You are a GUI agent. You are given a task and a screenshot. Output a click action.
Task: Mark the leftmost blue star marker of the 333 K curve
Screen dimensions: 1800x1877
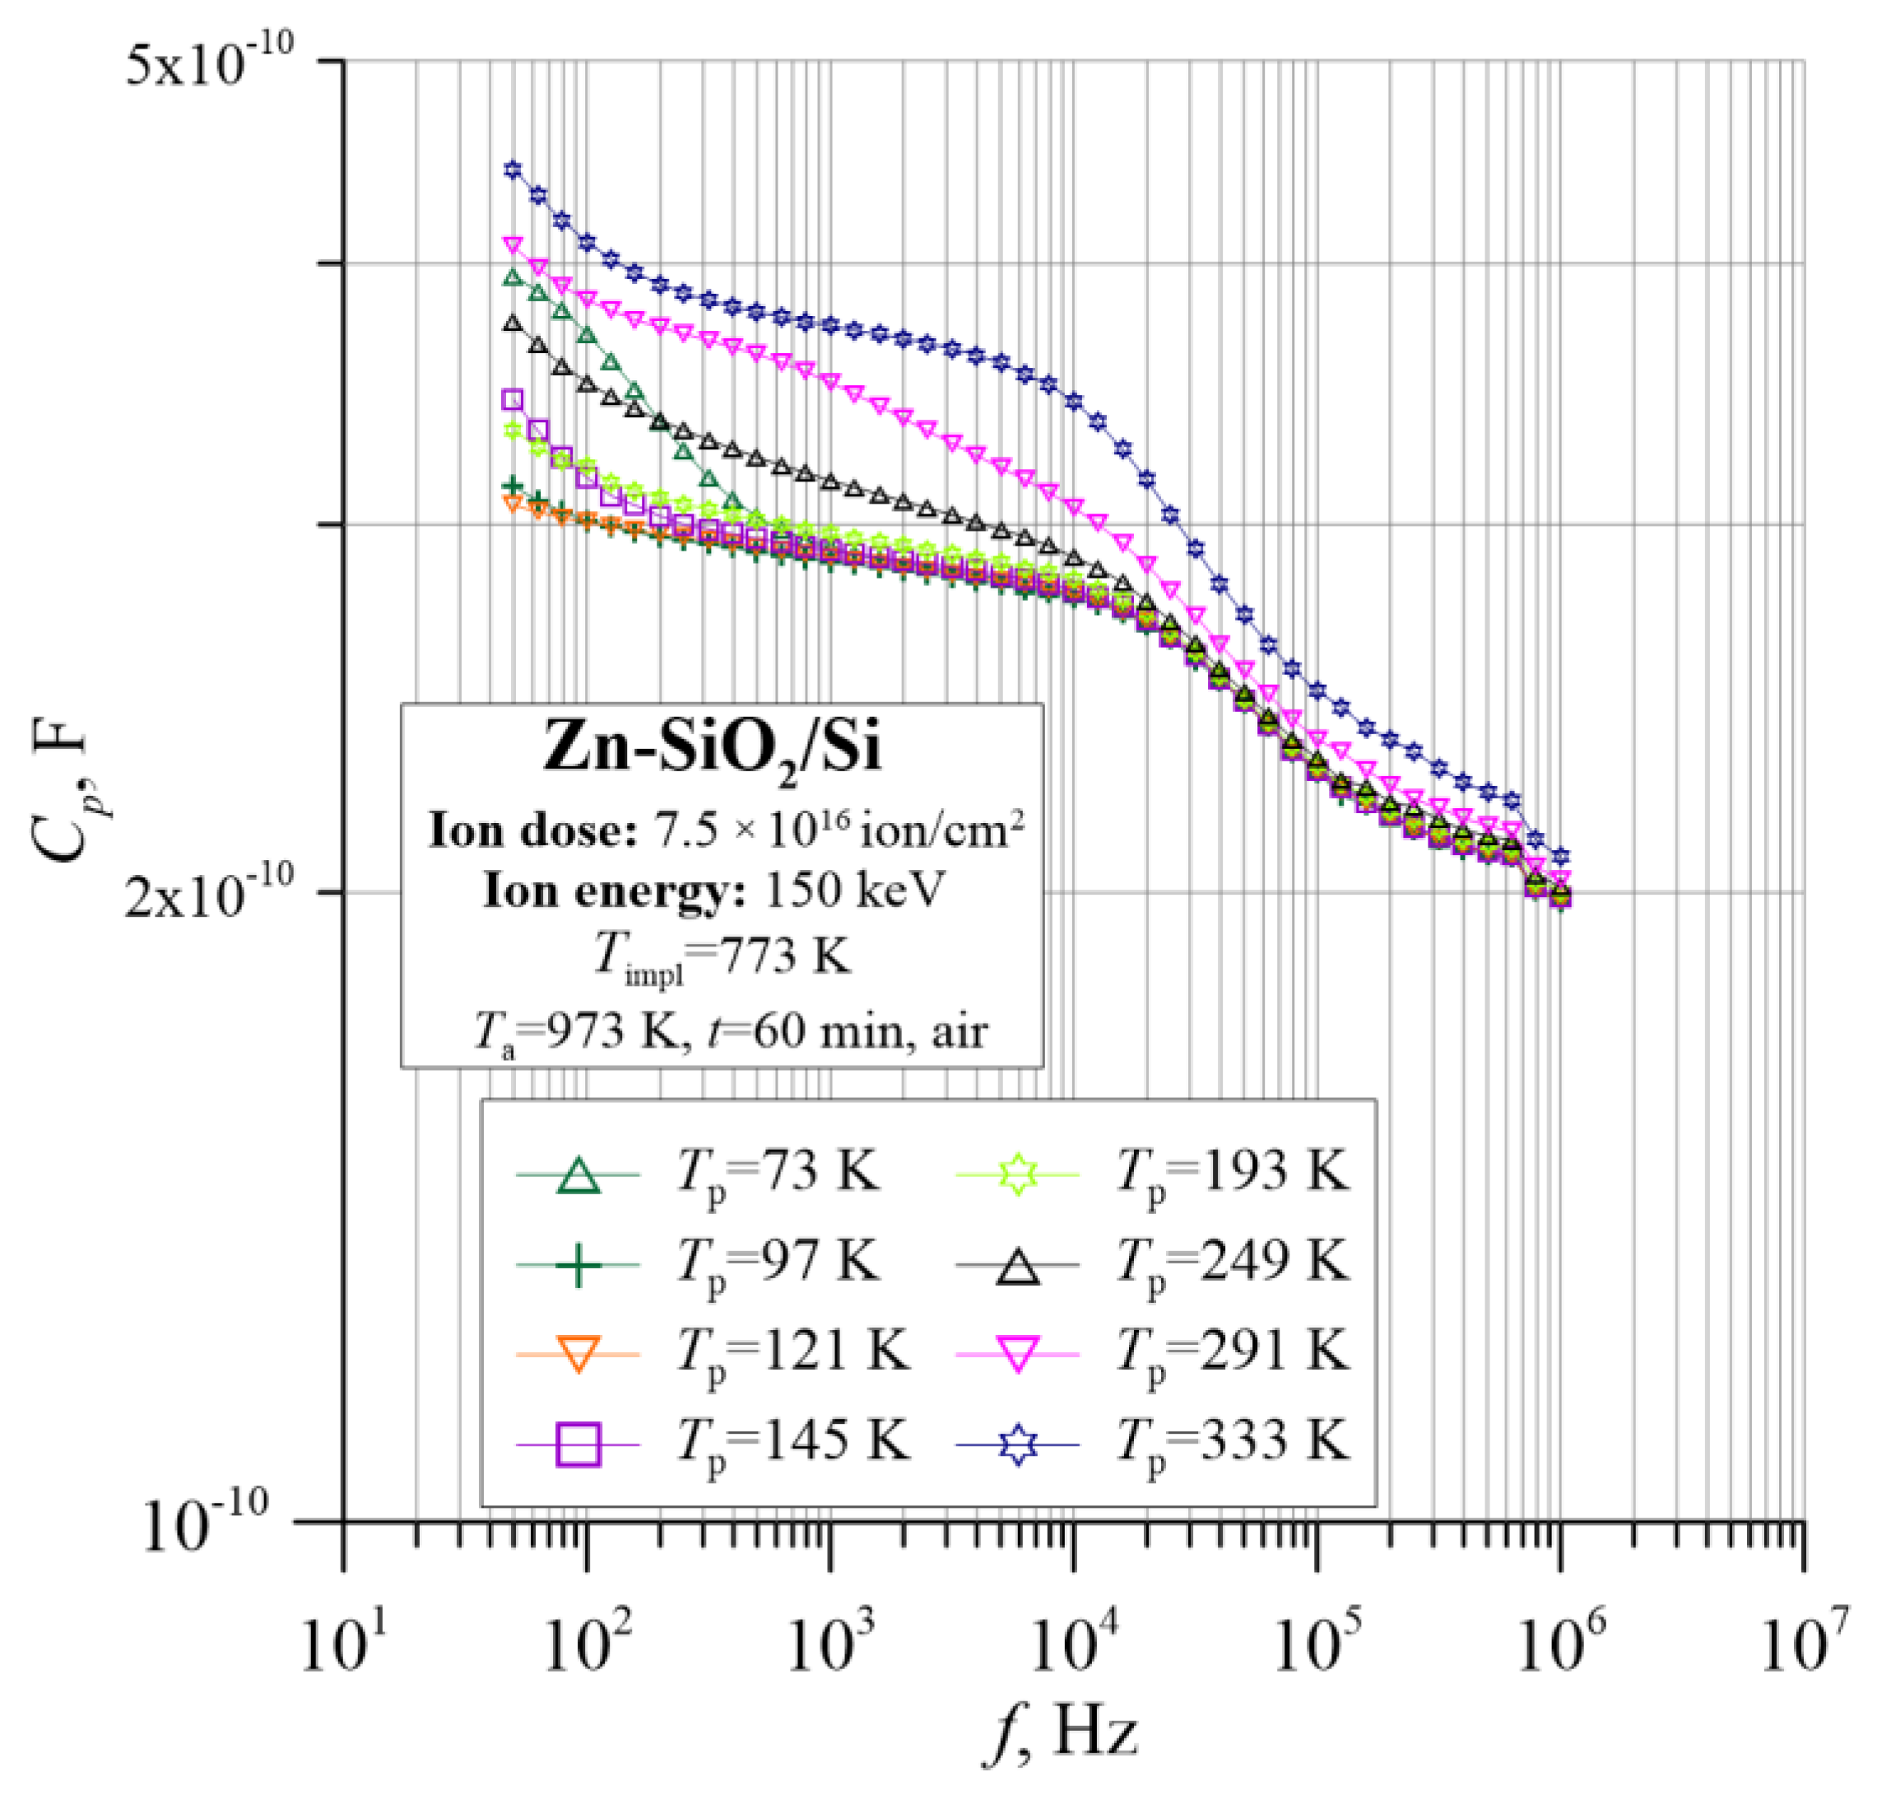pyautogui.click(x=513, y=170)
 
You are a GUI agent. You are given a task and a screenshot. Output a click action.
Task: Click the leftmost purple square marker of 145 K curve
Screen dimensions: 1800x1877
pyautogui.click(x=513, y=399)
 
